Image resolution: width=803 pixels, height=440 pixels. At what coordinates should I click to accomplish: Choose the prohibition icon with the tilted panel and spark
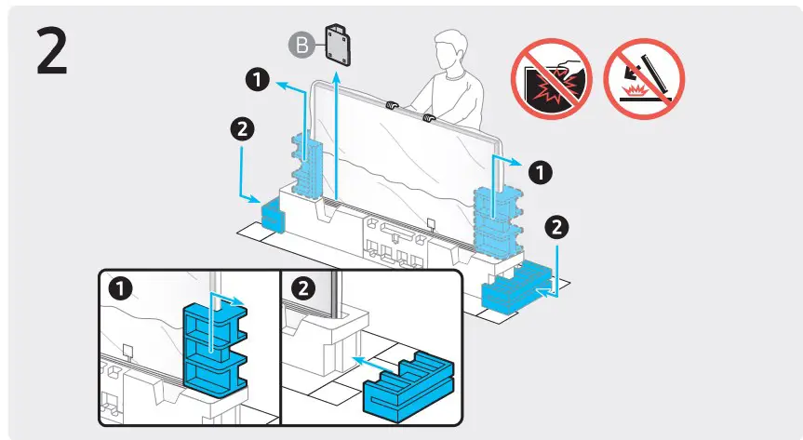pyautogui.click(x=644, y=79)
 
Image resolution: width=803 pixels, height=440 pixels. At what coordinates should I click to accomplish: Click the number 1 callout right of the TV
pyautogui.click(x=538, y=171)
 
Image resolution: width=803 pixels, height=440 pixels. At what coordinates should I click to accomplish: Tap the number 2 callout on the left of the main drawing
pyautogui.click(x=241, y=130)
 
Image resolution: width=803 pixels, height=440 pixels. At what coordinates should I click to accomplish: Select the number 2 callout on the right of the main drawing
pyautogui.click(x=555, y=225)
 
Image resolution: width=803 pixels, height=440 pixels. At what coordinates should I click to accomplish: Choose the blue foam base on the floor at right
pyautogui.click(x=517, y=287)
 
